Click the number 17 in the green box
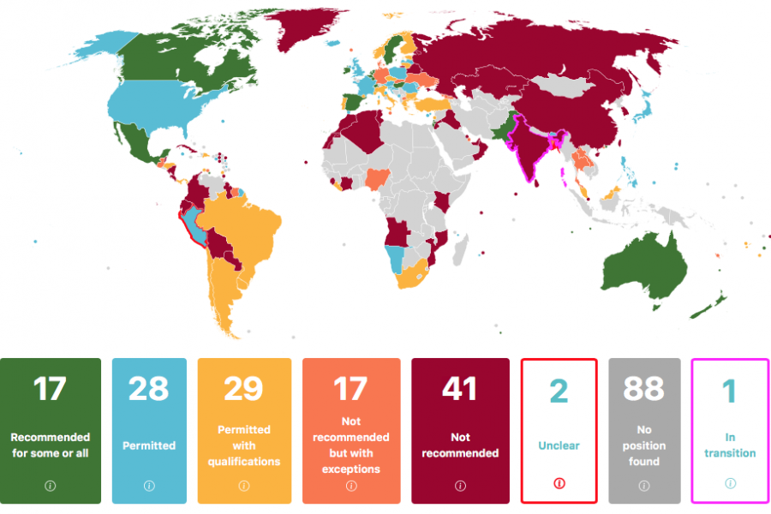pyautogui.click(x=50, y=389)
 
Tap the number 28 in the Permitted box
pyautogui.click(x=148, y=389)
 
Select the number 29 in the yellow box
pyautogui.click(x=244, y=389)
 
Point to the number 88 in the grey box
pyautogui.click(x=643, y=389)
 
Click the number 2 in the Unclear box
pyautogui.click(x=559, y=391)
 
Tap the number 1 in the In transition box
pyautogui.click(x=729, y=391)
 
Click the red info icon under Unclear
pyautogui.click(x=559, y=484)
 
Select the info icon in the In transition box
pyautogui.click(x=730, y=484)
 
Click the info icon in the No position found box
pyautogui.click(x=644, y=486)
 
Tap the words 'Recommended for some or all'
pyautogui.click(x=51, y=445)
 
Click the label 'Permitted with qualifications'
pyautogui.click(x=244, y=445)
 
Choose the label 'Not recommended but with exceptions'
pyautogui.click(x=350, y=445)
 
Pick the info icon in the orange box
pyautogui.click(x=350, y=486)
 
